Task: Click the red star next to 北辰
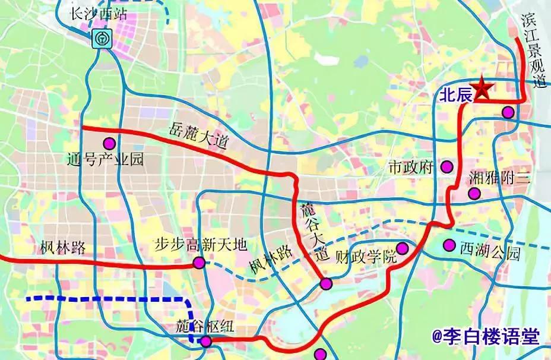pyautogui.click(x=482, y=89)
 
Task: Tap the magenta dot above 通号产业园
pyautogui.click(x=109, y=143)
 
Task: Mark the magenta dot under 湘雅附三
pyautogui.click(x=474, y=193)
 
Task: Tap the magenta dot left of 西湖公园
pyautogui.click(x=449, y=245)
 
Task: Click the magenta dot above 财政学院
pyautogui.click(x=402, y=248)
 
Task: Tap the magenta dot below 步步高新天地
pyautogui.click(x=198, y=263)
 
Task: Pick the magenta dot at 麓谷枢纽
pyautogui.click(x=205, y=341)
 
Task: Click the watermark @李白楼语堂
pyautogui.click(x=486, y=337)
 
